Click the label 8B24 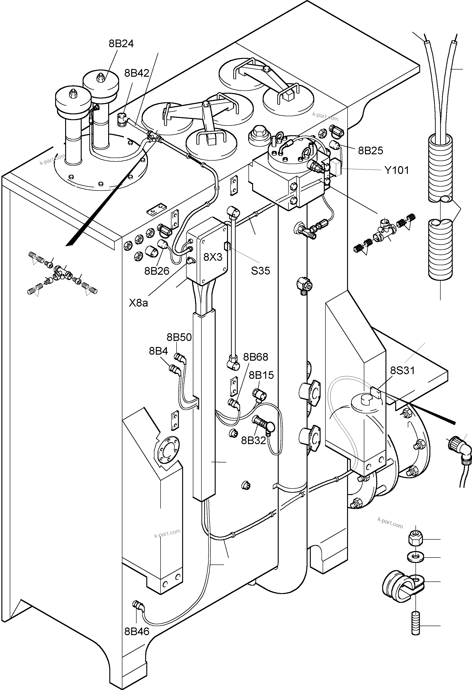coord(121,44)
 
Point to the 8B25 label coord(370,151)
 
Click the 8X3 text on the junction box coord(213,257)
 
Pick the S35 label coord(260,271)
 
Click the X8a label coord(138,303)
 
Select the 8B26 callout coord(157,271)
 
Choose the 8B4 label coord(158,351)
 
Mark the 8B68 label coord(256,357)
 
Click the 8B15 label coord(261,375)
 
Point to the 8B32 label coord(253,441)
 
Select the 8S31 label coord(402,370)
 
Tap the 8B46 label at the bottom coord(137,631)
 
